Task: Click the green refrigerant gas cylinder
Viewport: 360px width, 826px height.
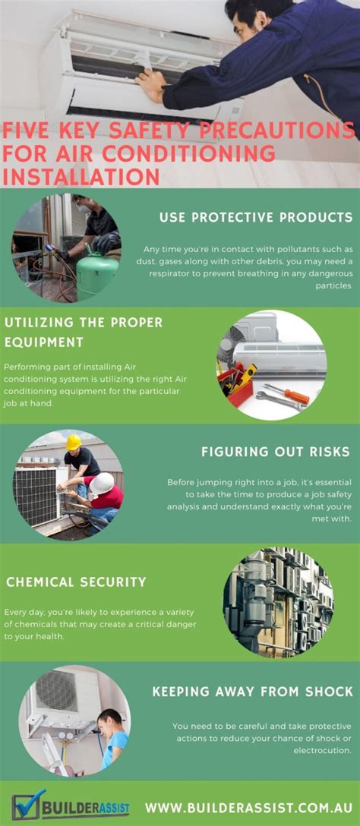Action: [96, 275]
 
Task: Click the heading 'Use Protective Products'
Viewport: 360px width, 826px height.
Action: [256, 218]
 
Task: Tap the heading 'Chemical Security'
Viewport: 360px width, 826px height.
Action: [76, 582]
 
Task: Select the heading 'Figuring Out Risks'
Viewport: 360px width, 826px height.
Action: [275, 452]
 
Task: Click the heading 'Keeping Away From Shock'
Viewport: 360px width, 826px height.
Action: [252, 692]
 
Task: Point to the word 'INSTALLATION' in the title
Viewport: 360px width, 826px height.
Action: [81, 176]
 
